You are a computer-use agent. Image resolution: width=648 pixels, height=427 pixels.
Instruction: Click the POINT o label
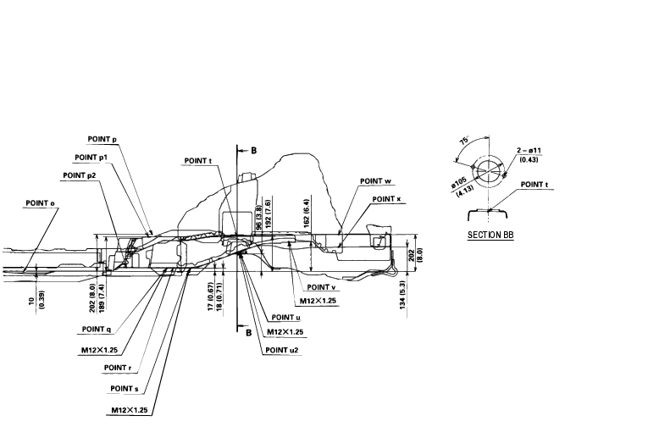pos(42,203)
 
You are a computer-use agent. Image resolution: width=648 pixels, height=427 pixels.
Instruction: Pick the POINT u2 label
pos(282,349)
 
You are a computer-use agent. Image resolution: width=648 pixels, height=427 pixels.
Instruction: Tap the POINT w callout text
pos(375,180)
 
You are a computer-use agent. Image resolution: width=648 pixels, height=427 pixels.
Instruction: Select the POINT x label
pos(386,199)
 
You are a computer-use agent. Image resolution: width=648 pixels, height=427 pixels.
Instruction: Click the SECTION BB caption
pos(491,235)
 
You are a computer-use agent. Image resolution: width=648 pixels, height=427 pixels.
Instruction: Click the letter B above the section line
pos(252,150)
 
